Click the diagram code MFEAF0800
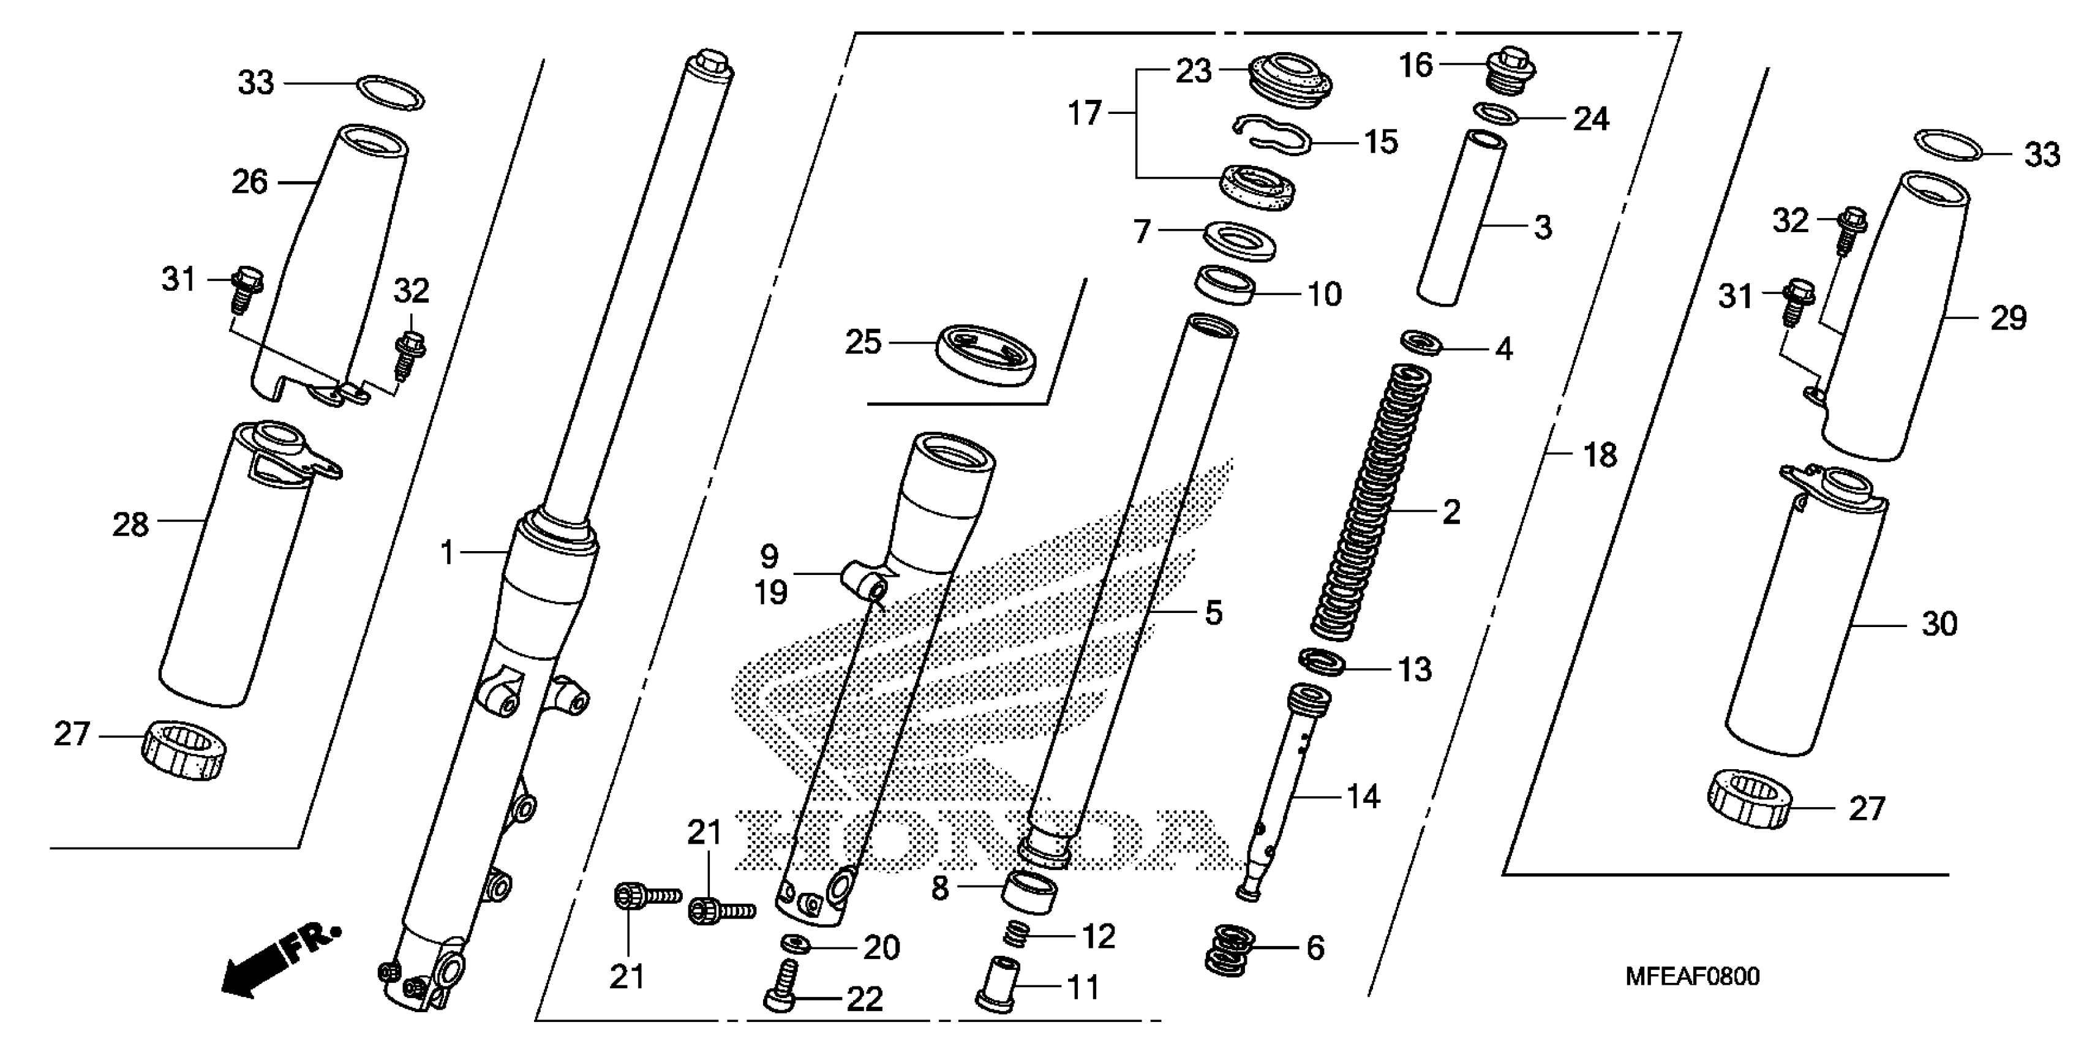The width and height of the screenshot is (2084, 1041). click(1693, 977)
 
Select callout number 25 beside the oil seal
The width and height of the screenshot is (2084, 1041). click(862, 342)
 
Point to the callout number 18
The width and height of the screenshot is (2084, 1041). click(1600, 456)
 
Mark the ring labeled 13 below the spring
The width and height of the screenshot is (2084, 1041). click(1322, 663)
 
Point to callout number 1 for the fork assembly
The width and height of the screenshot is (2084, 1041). click(448, 554)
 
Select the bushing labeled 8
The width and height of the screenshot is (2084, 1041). click(1029, 892)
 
